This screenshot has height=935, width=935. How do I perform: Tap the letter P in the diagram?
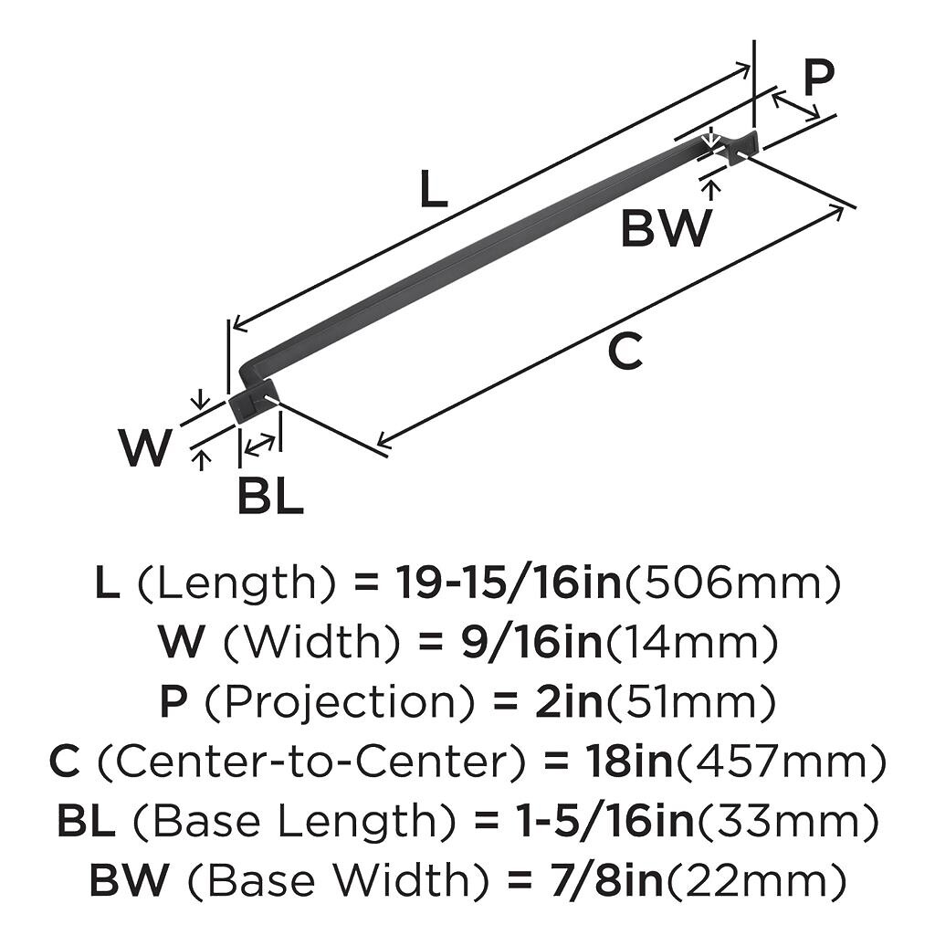click(818, 79)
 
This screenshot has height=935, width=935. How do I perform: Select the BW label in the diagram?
click(665, 228)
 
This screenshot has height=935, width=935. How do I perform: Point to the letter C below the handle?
click(625, 352)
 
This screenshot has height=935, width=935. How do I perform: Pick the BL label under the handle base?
click(269, 498)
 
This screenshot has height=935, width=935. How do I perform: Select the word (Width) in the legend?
click(311, 643)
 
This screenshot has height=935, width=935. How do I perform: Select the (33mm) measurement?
click(789, 821)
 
